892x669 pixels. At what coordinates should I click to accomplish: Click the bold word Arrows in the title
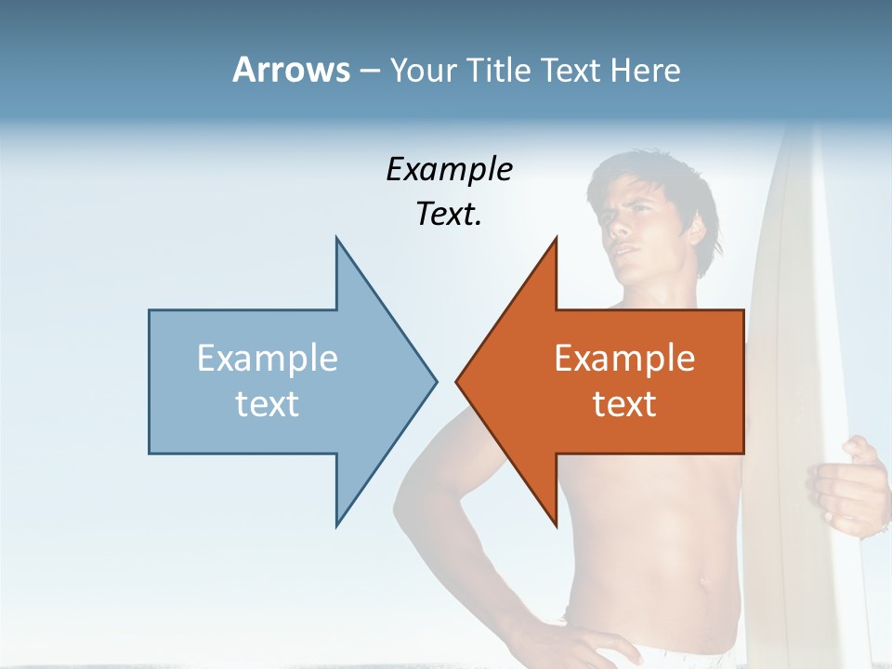[x=291, y=71]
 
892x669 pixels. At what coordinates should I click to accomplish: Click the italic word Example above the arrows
[x=449, y=170]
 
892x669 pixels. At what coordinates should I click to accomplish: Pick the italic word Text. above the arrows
[x=449, y=215]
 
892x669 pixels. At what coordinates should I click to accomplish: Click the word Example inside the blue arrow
[x=268, y=359]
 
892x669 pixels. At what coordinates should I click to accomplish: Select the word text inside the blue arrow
[x=268, y=404]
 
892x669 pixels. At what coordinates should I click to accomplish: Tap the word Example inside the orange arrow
[x=624, y=359]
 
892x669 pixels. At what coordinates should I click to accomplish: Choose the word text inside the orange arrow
[x=624, y=404]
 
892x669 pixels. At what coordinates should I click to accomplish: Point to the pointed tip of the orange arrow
[x=457, y=381]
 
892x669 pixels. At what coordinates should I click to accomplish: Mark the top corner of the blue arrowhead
[x=336, y=239]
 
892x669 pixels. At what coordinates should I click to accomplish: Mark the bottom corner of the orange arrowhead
[x=556, y=523]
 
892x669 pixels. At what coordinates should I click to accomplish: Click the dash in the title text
[x=368, y=71]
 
